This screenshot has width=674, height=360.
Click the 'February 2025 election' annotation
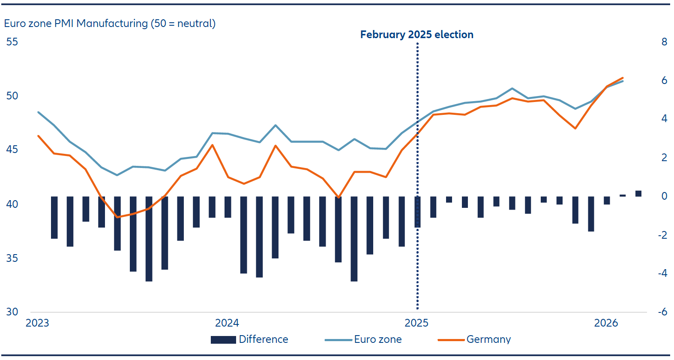coord(416,35)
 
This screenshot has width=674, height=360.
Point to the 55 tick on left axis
coord(12,42)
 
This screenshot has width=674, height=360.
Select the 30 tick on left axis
coord(12,312)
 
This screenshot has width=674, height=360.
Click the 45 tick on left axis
coord(12,150)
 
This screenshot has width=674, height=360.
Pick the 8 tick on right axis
coord(664,42)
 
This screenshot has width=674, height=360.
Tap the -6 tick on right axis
coord(662,312)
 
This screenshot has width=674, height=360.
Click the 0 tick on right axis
coord(664,196)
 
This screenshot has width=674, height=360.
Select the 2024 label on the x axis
coord(227,323)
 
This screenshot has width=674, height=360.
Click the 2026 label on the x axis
coord(606,323)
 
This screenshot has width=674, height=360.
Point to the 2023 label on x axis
coord(37,323)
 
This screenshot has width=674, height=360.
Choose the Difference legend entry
coord(249,339)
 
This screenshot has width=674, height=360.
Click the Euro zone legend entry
coord(363,339)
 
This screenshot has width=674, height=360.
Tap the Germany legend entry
coord(474,339)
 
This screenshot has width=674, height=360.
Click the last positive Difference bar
coord(638,194)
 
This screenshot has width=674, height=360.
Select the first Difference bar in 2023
coord(54,217)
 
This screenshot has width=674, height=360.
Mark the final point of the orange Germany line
coord(623,78)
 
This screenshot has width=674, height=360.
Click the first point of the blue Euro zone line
coord(39,112)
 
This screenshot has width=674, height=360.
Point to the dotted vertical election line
coord(417,257)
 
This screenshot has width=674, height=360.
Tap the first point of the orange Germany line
coord(39,136)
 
